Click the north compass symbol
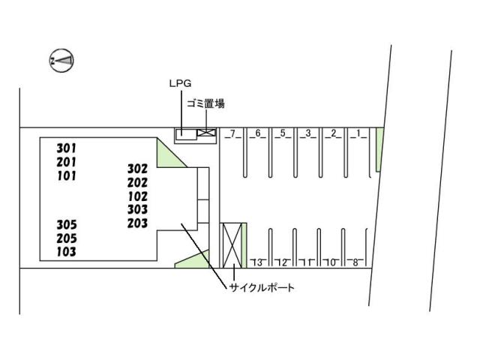[x=61, y=60]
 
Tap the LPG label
[x=179, y=85]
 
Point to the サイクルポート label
[x=262, y=287]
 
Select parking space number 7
[x=233, y=134]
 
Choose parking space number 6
[x=258, y=134]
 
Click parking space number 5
[x=283, y=134]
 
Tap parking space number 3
[x=307, y=134]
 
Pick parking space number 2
[x=332, y=134]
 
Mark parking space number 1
[x=359, y=134]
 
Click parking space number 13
[x=258, y=262]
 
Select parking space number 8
[x=355, y=262]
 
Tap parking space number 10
[x=331, y=262]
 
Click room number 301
[x=67, y=148]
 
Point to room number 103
[x=67, y=252]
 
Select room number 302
[x=137, y=169]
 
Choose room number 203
[x=137, y=223]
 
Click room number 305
[x=67, y=224]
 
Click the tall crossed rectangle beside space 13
[x=232, y=245]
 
